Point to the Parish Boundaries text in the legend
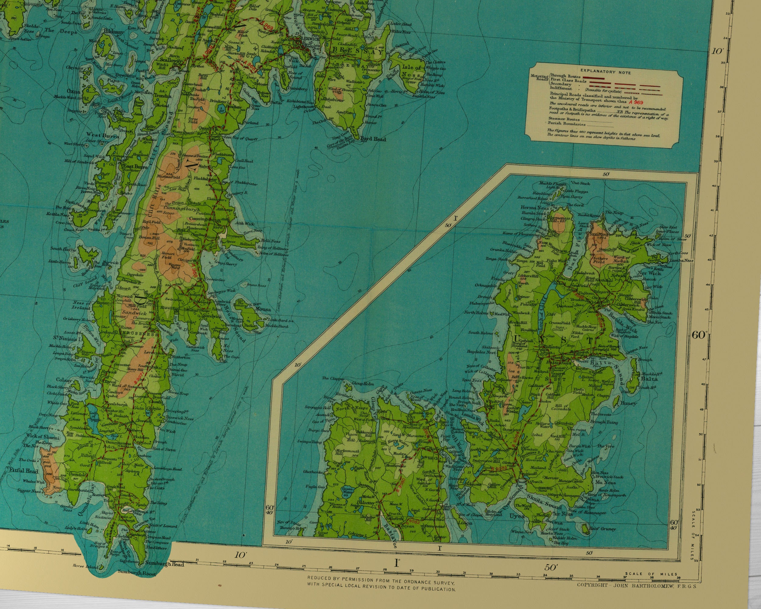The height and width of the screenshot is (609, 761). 563,124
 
